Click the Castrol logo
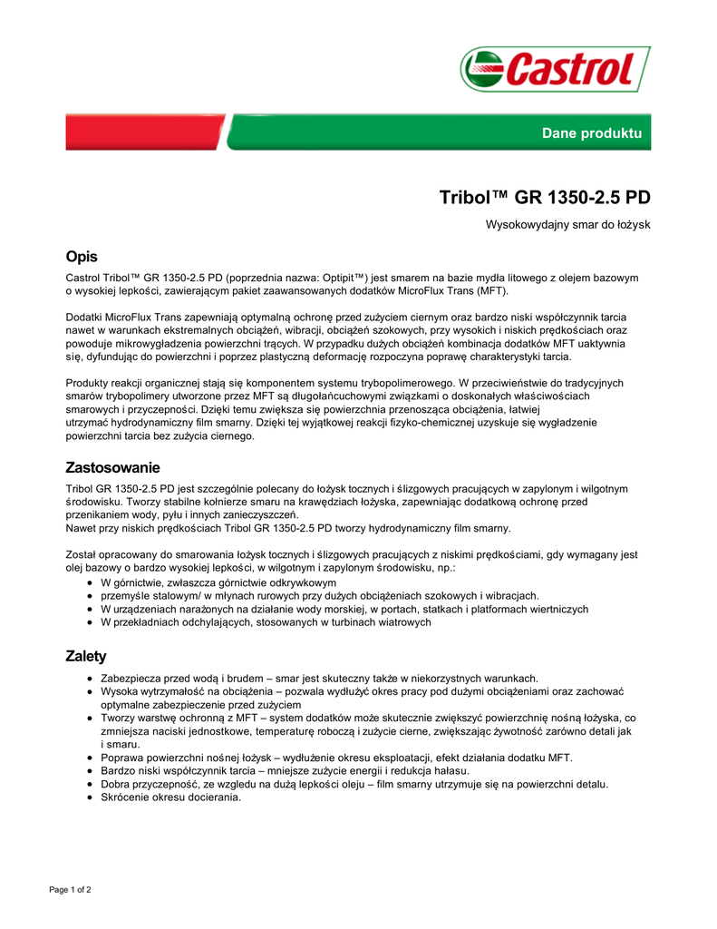555,69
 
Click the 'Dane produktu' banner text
591,133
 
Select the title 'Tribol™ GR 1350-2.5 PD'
545,198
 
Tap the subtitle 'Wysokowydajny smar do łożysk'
568,224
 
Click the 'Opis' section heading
82,257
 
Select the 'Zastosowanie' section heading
112,468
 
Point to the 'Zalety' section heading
86,656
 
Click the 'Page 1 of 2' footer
70,890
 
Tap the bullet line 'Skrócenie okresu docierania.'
170,797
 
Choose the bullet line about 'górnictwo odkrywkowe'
218,582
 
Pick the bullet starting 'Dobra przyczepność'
354,784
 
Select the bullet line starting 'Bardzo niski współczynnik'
285,771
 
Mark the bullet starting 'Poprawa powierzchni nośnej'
336,758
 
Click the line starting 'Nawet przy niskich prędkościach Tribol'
288,528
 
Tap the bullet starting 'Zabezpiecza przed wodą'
319,678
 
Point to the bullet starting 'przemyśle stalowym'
319,596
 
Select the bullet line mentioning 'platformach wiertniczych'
344,609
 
